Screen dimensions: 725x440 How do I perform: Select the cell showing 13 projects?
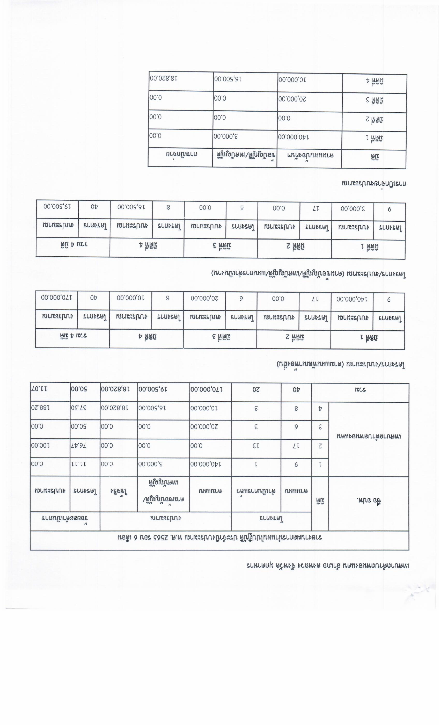(x=256, y=446)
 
